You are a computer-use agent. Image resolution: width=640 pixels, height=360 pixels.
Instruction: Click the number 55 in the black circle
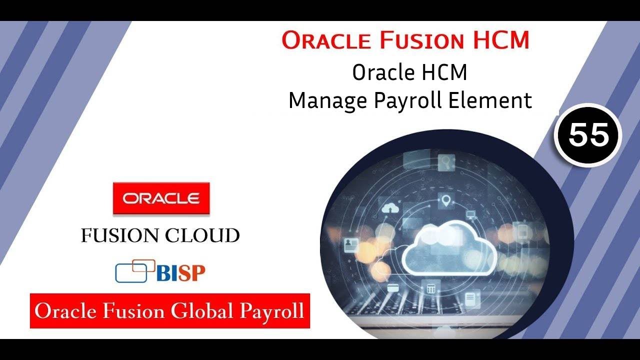click(x=588, y=135)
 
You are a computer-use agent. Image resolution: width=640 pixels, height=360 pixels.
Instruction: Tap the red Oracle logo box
click(x=161, y=198)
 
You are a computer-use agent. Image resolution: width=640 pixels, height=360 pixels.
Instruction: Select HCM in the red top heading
click(x=499, y=40)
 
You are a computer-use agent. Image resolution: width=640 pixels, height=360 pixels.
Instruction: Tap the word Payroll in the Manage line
click(x=408, y=101)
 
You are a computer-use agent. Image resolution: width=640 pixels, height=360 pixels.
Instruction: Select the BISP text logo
click(x=180, y=273)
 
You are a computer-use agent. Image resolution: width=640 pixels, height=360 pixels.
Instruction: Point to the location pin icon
click(x=446, y=201)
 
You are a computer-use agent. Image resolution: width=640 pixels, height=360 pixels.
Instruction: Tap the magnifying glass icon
click(x=444, y=162)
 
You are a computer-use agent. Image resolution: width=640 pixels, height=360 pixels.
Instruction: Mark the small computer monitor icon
click(x=470, y=215)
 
